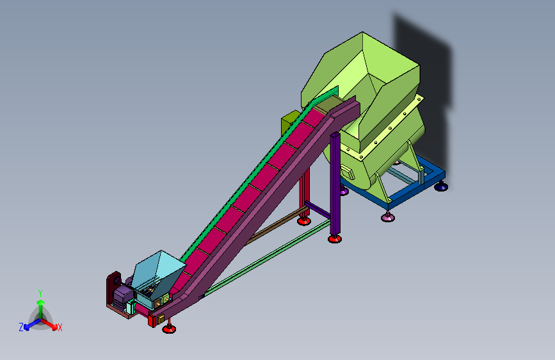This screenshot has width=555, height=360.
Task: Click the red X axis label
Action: [60, 328]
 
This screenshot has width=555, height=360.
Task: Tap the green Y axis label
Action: [40, 293]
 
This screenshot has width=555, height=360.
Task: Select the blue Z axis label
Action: [21, 327]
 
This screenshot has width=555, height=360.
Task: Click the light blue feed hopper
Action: [158, 275]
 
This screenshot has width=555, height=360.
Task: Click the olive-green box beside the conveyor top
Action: [290, 122]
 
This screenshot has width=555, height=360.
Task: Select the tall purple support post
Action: [335, 184]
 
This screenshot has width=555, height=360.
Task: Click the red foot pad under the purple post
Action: [335, 239]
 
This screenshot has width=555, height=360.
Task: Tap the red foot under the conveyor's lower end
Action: [169, 329]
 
